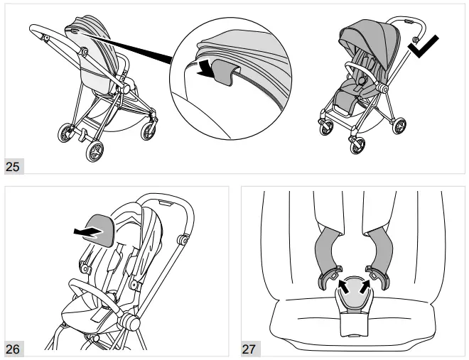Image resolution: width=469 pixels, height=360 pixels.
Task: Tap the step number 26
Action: pos(14,348)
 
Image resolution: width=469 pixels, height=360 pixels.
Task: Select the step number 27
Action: pos(250,348)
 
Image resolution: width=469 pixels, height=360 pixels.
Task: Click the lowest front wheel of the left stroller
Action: pos(95,151)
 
